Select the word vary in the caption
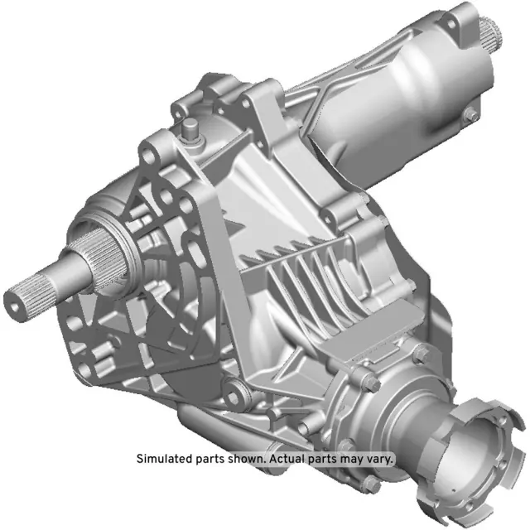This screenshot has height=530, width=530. pyautogui.click(x=381, y=458)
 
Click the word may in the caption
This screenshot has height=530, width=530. pyautogui.click(x=352, y=458)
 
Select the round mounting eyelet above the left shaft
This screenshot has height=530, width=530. pyautogui.click(x=149, y=154)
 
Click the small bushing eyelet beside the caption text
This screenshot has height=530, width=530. pyautogui.click(x=237, y=388)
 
